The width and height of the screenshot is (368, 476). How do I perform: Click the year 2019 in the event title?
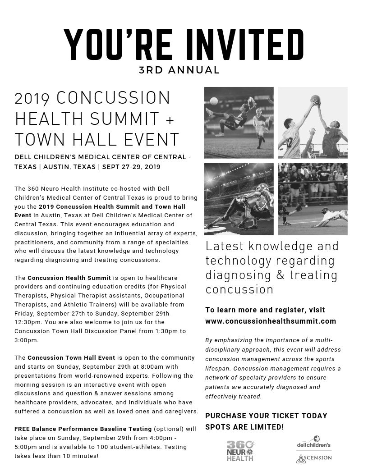point(33,98)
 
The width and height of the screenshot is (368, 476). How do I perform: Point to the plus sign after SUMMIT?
point(169,119)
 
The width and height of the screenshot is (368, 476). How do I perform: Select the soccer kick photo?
point(239,122)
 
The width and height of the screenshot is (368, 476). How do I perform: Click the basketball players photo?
point(313,122)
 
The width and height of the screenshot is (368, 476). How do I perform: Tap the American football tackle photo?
point(239,199)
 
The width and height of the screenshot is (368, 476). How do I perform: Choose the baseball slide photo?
point(313,199)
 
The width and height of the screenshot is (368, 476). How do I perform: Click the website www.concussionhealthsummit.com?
point(271,321)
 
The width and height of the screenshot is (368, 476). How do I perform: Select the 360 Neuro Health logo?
point(239,451)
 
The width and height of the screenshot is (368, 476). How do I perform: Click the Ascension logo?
point(313,458)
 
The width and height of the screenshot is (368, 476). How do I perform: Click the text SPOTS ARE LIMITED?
point(244,426)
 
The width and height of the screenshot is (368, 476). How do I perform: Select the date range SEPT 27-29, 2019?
point(131,166)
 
